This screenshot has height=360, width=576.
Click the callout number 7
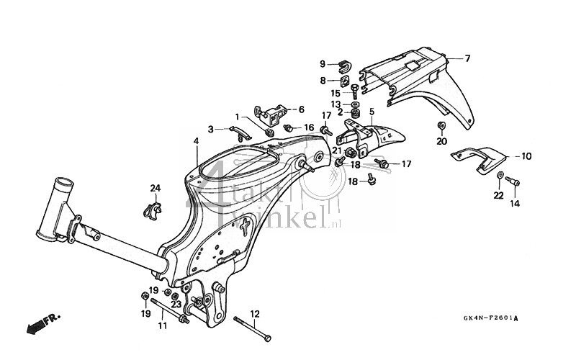click(467, 58)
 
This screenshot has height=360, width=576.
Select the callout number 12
click(254, 313)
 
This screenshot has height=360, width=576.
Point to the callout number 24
click(155, 189)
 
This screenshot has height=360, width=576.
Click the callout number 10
click(526, 156)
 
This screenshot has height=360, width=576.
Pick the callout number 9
click(323, 63)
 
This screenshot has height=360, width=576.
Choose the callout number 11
click(163, 326)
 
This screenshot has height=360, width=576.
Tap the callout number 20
click(441, 141)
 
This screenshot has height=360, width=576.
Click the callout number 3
click(191, 130)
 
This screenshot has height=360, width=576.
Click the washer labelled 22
click(499, 176)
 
